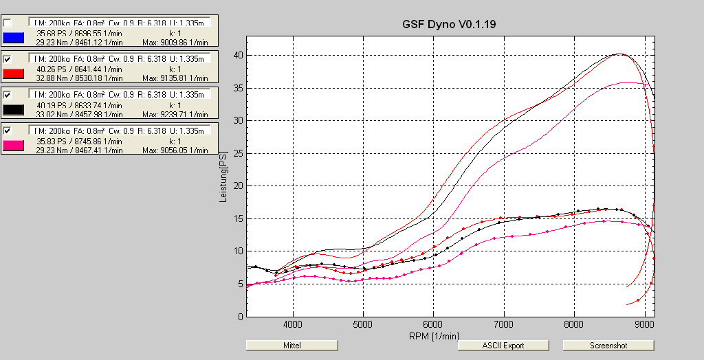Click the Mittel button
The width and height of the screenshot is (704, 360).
tap(291, 345)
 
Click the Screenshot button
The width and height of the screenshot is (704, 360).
tap(608, 345)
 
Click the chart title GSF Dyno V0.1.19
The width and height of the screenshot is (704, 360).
tap(449, 24)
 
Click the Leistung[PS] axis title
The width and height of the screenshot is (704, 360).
tap(223, 177)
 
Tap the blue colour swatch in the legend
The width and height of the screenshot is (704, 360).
tap(14, 38)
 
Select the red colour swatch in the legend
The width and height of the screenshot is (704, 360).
tap(14, 74)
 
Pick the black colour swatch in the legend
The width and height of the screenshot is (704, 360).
tap(14, 109)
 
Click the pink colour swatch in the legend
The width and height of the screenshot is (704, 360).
tap(14, 145)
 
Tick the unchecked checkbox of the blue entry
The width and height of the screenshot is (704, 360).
tap(8, 23)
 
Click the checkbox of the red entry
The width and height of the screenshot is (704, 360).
tap(8, 59)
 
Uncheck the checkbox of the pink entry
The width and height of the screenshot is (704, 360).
tap(8, 131)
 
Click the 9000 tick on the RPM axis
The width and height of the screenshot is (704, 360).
tap(644, 323)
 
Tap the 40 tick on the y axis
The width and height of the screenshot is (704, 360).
tap(237, 55)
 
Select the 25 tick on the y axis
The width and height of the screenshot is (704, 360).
tap(237, 153)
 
